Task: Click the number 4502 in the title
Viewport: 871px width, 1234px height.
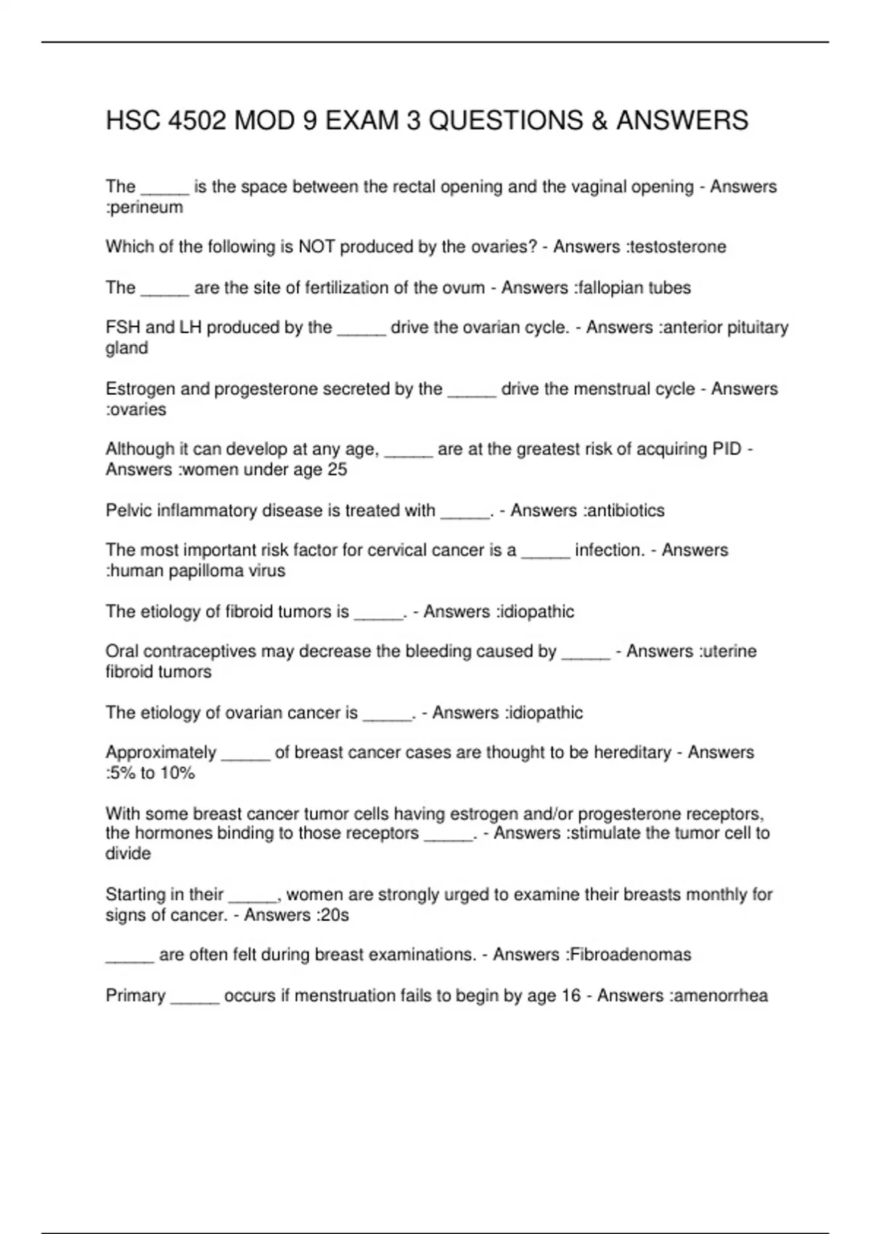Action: pos(197,120)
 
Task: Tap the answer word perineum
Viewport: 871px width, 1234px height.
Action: pos(147,208)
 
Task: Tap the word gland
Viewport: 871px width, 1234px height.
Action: pos(127,348)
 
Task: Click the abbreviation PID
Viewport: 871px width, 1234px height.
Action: pos(727,449)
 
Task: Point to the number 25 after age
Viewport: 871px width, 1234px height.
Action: pos(338,470)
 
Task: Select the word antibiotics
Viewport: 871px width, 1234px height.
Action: pos(625,511)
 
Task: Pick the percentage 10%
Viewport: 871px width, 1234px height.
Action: pos(178,773)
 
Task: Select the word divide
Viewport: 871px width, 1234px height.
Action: pos(128,854)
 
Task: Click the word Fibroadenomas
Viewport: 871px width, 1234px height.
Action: pos(630,955)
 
